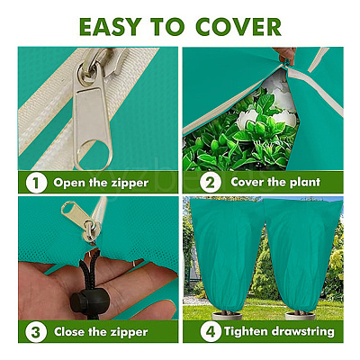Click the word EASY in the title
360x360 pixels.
pyautogui.click(x=109, y=26)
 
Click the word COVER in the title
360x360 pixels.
pyautogui.click(x=238, y=26)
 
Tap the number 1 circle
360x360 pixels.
pyautogui.click(x=36, y=183)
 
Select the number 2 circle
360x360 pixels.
pyautogui.click(x=211, y=182)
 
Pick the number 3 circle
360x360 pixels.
pyautogui.click(x=36, y=332)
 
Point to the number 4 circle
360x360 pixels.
pyautogui.click(x=211, y=331)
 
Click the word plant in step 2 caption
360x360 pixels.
pyautogui.click(x=305, y=182)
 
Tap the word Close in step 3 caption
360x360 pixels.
pyautogui.click(x=69, y=332)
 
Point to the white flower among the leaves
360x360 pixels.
pyautogui.click(x=248, y=119)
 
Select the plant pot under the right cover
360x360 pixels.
pyautogui.click(x=301, y=316)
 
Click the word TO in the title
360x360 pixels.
pyautogui.click(x=167, y=26)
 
